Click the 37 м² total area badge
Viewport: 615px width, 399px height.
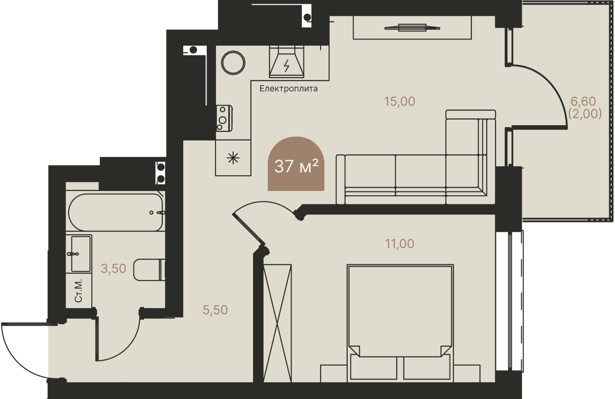coord(296,164)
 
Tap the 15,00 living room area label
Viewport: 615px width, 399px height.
coord(400,102)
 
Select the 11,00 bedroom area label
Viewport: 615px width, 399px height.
coord(400,244)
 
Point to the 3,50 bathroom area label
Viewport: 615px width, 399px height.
coord(113,269)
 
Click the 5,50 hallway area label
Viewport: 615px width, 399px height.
coord(215,310)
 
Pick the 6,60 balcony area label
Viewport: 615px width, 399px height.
coord(583,101)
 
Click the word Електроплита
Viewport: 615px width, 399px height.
coord(289,89)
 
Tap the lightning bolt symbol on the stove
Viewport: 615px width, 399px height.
coord(286,66)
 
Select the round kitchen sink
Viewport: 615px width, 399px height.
coord(233,63)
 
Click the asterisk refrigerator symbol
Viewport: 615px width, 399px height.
coord(233,158)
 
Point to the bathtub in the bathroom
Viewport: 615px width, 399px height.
coord(115,212)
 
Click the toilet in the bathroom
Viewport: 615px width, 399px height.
coord(149,269)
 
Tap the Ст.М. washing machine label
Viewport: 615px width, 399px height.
coord(78,291)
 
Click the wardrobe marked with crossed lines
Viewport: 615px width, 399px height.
coord(277,323)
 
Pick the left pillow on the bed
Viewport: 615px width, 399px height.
coord(373,367)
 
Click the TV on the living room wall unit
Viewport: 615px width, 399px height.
coord(412,28)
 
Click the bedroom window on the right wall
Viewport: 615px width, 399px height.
coord(509,300)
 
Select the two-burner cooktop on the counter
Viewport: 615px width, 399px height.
coord(224,118)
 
